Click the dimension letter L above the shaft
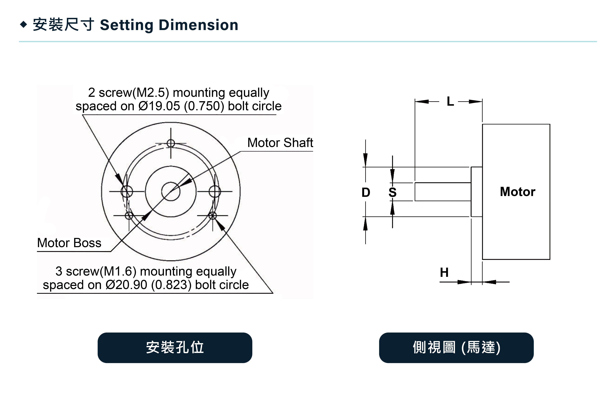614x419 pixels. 450,101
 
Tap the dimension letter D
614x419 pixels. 366,192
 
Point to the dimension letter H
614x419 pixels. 444,272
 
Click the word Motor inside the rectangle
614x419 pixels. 517,192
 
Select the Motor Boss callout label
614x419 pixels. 69,243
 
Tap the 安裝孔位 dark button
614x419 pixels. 175,348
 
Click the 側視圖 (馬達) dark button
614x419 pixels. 456,348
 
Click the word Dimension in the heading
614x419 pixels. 198,25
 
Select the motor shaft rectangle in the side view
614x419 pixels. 443,192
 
